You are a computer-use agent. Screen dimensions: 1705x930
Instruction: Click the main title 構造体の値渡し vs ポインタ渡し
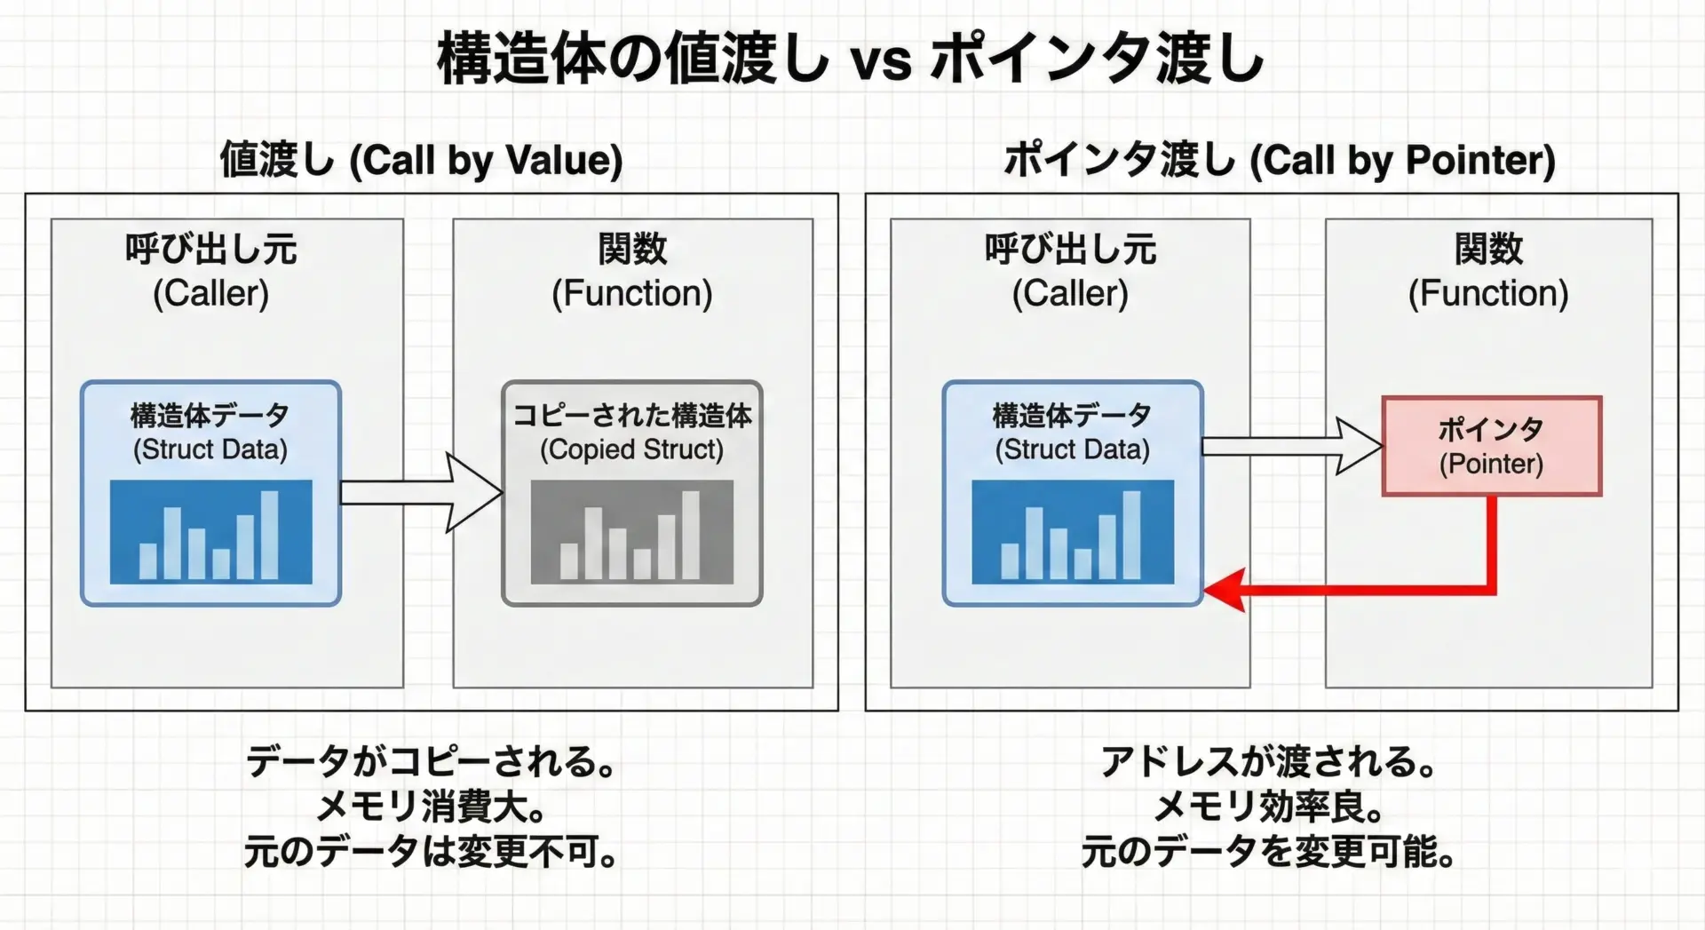pyautogui.click(x=851, y=59)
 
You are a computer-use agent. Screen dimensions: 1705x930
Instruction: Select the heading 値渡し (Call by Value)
pyautogui.click(x=421, y=161)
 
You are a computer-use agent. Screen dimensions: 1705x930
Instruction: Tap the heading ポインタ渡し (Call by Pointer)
pyautogui.click(x=1279, y=161)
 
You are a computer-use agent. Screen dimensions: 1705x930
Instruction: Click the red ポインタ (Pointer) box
pyautogui.click(x=1492, y=446)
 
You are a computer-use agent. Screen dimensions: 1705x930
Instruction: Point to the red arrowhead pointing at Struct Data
pyautogui.click(x=1224, y=591)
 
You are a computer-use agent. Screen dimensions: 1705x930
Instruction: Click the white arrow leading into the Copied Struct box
pyautogui.click(x=422, y=493)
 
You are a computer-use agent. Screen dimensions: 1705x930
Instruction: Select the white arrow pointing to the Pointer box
pyautogui.click(x=1292, y=446)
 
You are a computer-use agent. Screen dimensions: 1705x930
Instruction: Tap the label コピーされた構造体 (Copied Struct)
pyautogui.click(x=632, y=433)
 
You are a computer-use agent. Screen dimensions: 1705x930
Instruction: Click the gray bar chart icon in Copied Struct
pyautogui.click(x=632, y=532)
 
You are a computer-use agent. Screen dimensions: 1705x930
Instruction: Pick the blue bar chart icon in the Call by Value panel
pyautogui.click(x=211, y=532)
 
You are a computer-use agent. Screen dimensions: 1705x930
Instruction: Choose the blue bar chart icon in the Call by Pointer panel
pyautogui.click(x=1073, y=532)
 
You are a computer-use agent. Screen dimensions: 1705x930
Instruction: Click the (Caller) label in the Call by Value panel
pyautogui.click(x=210, y=293)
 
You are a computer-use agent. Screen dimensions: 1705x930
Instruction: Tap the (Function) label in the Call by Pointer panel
pyautogui.click(x=1488, y=293)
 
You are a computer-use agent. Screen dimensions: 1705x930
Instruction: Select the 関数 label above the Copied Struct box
pyautogui.click(x=632, y=249)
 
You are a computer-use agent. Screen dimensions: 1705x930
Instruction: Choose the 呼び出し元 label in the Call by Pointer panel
pyautogui.click(x=1071, y=249)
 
